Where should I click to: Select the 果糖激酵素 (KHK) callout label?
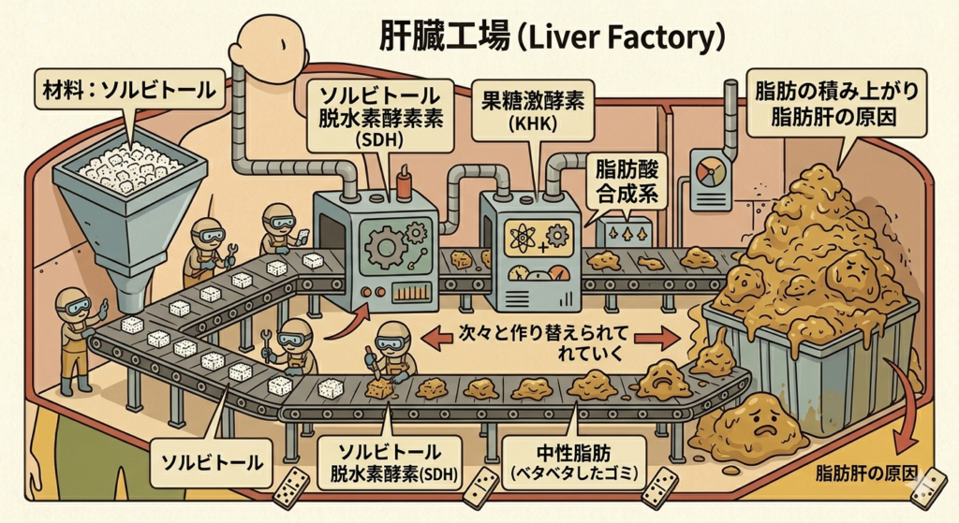tap(533, 109)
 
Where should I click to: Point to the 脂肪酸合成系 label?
tap(626, 183)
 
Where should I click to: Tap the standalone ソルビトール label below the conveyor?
tap(210, 461)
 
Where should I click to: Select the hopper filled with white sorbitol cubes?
tap(130, 187)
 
